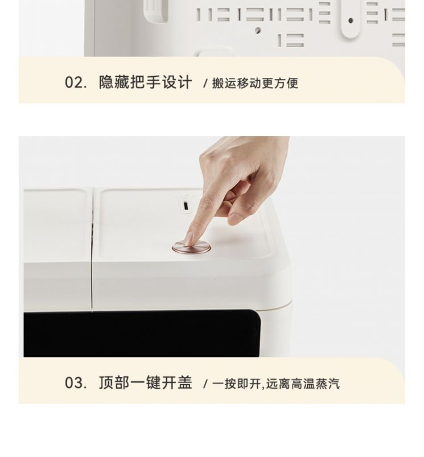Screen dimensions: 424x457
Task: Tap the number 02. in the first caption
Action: pos(76,83)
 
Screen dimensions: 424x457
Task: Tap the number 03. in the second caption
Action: pos(76,382)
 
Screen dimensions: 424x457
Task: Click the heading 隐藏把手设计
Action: pos(146,82)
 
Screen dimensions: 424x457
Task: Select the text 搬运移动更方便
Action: pos(256,83)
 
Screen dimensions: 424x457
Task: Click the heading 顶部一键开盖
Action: pos(146,382)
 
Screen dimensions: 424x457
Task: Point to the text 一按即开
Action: pos(236,384)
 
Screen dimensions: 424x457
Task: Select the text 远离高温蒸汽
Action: pos(303,384)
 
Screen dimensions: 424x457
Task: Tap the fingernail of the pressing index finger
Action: pos(190,240)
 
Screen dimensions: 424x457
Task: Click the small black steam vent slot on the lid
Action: pos(186,205)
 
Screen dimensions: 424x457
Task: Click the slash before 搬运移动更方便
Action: pos(205,84)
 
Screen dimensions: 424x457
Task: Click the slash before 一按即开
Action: pos(205,384)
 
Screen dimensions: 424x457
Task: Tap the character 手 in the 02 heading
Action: pos(153,82)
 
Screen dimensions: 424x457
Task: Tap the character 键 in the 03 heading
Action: pos(153,382)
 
